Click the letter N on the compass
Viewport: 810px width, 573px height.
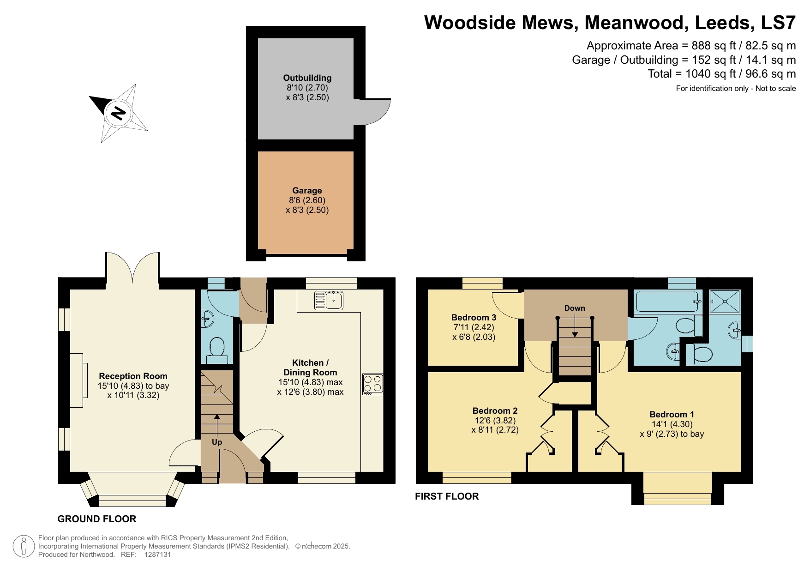click(x=119, y=113)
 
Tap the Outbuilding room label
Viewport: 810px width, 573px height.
click(x=307, y=78)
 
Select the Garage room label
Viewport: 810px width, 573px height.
click(x=307, y=191)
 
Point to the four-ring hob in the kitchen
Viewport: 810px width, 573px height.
click(x=372, y=384)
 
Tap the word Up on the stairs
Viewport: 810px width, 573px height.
click(x=217, y=442)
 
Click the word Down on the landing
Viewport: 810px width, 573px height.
click(x=575, y=308)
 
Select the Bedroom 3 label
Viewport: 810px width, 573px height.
click(x=474, y=318)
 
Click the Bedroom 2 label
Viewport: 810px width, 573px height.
click(x=495, y=411)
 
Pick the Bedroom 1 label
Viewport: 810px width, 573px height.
click(x=672, y=415)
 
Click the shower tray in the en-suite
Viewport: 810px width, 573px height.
click(x=725, y=302)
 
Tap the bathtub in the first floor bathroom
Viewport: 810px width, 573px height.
click(x=667, y=302)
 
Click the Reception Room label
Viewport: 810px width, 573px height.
click(x=133, y=376)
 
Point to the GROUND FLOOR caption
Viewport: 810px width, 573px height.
click(x=97, y=519)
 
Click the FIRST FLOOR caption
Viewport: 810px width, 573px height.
click(x=447, y=496)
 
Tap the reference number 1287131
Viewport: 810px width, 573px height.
click(x=158, y=555)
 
